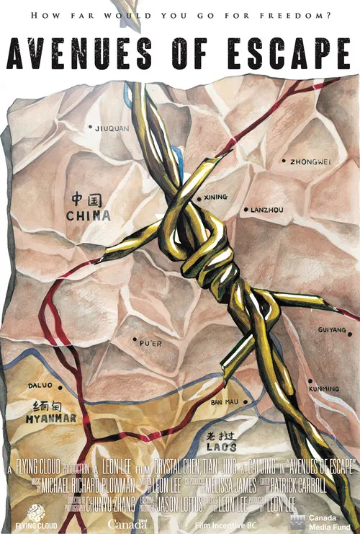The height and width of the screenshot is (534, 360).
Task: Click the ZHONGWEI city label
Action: pyautogui.click(x=310, y=161)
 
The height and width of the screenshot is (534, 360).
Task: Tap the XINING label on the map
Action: pyautogui.click(x=215, y=197)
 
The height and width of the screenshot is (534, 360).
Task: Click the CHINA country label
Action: pyautogui.click(x=89, y=215)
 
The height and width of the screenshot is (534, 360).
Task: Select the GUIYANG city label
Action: pyautogui.click(x=333, y=330)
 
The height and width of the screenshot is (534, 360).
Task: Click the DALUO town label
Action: pyautogui.click(x=41, y=385)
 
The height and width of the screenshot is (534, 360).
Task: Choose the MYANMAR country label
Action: pyautogui.click(x=50, y=418)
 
